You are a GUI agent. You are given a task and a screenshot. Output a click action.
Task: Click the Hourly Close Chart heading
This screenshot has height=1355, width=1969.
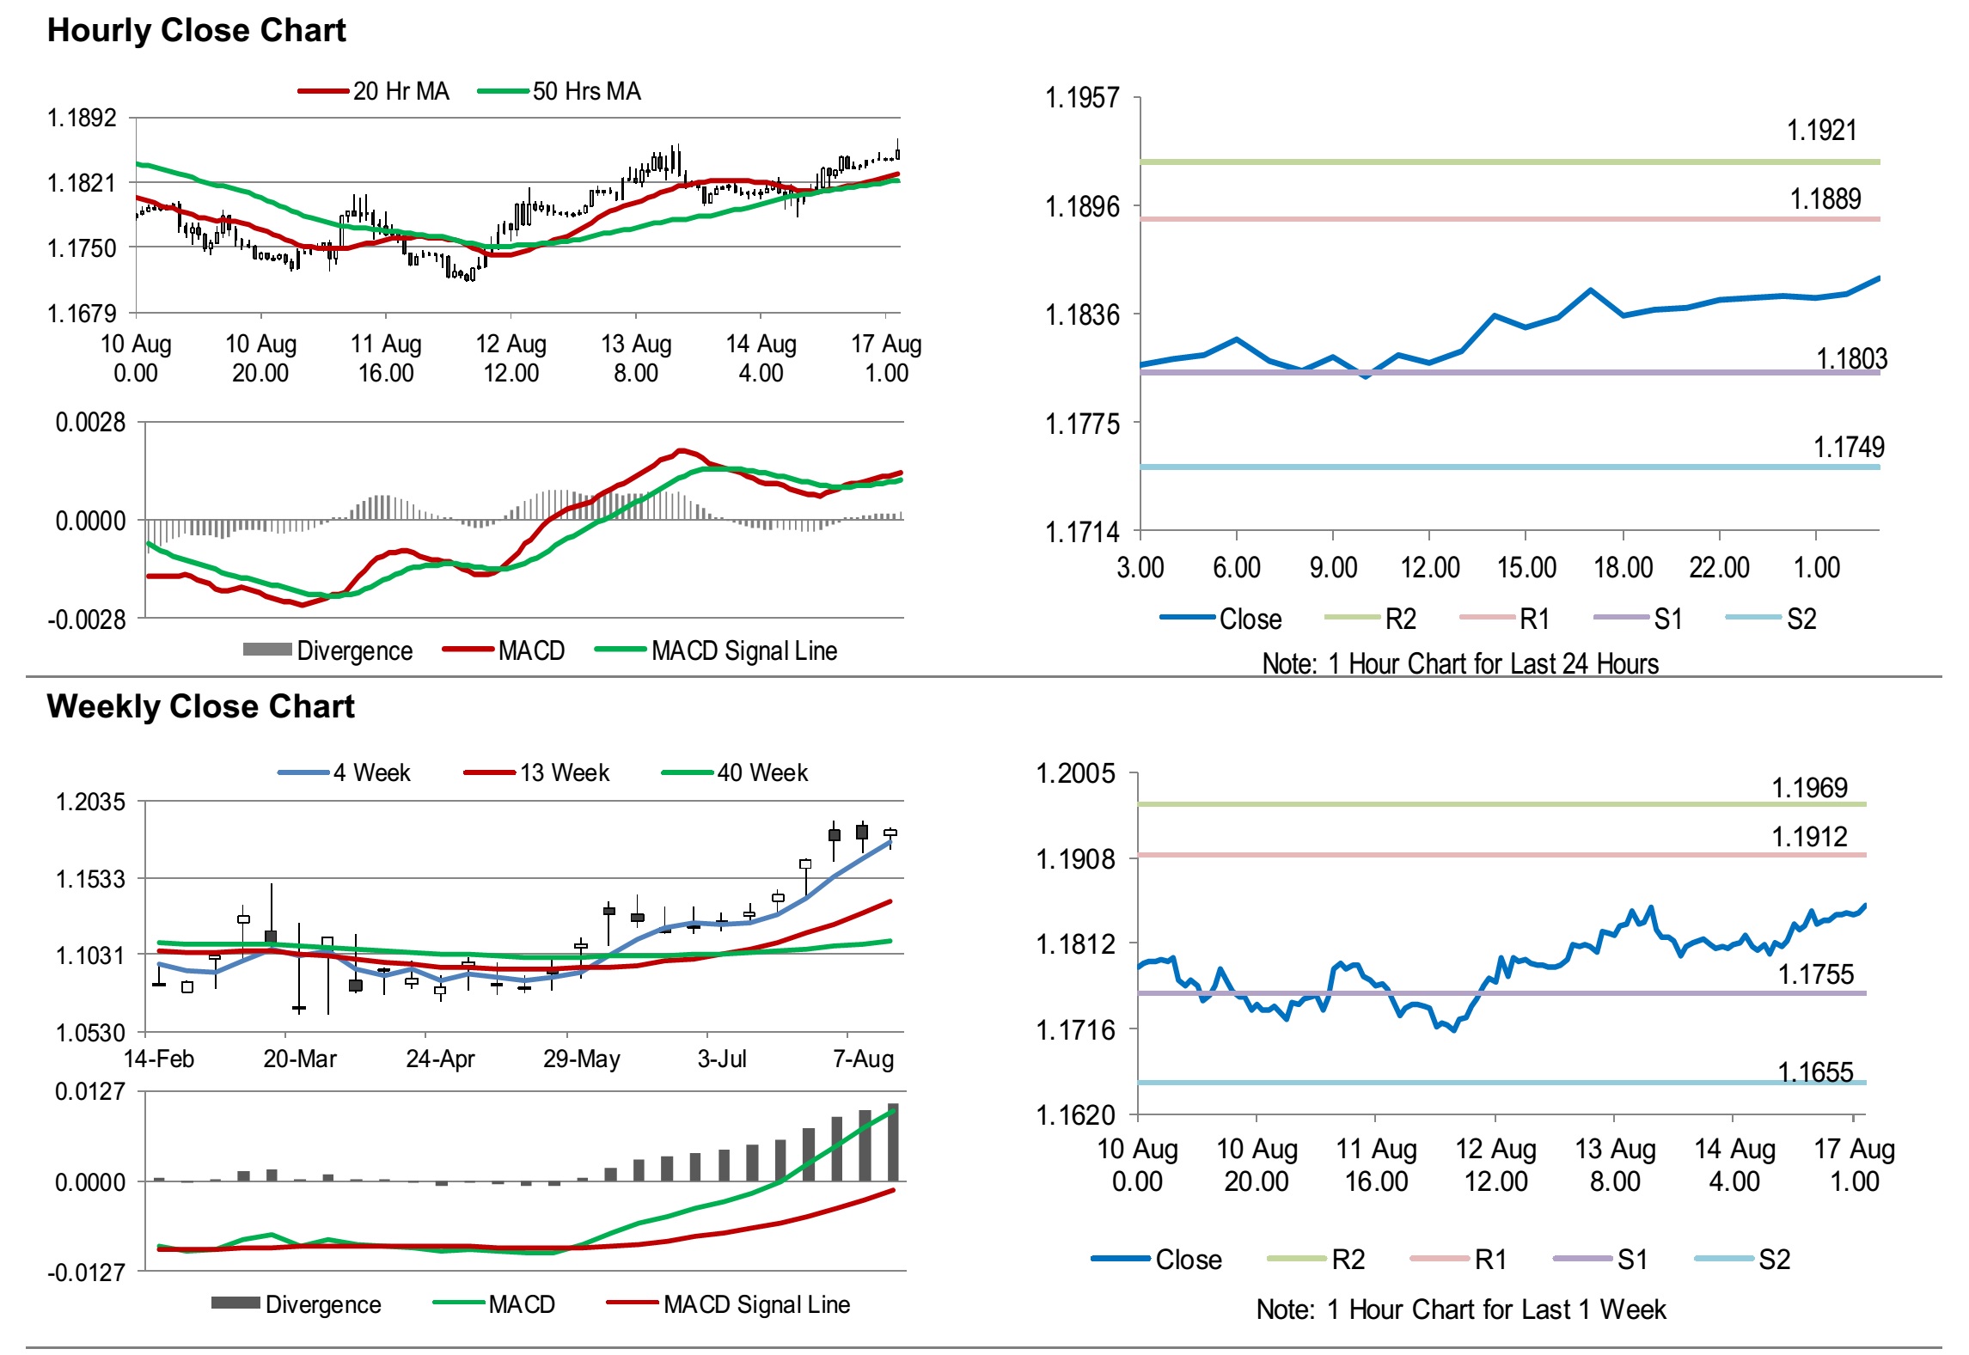tap(196, 31)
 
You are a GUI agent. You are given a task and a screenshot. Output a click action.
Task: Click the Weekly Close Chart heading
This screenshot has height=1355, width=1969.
tap(200, 706)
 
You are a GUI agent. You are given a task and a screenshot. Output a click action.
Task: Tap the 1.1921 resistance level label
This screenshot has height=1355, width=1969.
tap(1821, 131)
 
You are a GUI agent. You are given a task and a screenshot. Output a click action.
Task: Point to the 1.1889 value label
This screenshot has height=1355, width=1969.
tap(1825, 199)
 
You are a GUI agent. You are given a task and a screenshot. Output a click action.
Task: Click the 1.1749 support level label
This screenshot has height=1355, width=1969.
tap(1848, 447)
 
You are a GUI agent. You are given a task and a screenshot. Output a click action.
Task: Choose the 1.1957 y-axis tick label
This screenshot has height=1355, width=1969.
tap(1081, 98)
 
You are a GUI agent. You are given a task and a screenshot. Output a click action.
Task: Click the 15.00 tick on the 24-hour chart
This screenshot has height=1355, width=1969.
tap(1526, 568)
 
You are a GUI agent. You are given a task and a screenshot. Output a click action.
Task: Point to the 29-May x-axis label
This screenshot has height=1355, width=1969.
tap(581, 1059)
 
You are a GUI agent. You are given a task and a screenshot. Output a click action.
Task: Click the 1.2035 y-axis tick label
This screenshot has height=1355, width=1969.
tap(90, 803)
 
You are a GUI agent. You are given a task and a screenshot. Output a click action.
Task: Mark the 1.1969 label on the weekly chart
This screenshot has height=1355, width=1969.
tap(1809, 788)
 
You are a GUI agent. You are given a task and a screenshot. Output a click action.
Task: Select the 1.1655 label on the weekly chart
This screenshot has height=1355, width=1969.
tap(1815, 1072)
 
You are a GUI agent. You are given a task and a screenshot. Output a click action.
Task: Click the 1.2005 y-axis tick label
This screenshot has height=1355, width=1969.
tap(1075, 773)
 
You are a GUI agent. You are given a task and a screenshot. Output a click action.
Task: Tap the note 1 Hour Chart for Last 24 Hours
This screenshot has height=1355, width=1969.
tap(1459, 664)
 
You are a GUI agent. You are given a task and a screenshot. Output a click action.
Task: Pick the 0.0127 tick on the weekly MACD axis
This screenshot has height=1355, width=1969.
tap(90, 1092)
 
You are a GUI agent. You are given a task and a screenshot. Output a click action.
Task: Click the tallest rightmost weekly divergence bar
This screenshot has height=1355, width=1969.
tap(893, 1143)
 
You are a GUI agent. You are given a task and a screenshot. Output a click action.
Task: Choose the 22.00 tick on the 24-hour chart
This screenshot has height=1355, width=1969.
tap(1719, 568)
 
